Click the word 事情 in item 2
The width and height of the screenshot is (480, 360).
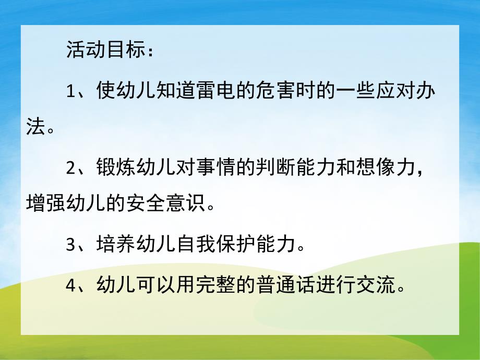(215, 167)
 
